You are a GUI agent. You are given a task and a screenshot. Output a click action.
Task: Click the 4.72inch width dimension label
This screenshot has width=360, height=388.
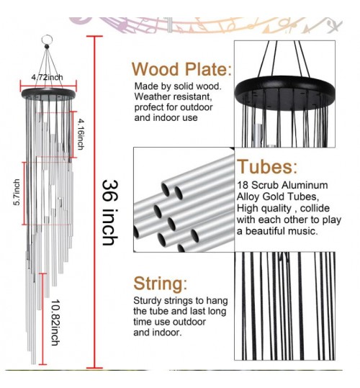[47, 77]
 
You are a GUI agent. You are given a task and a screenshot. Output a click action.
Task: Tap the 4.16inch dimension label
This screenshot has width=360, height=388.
[81, 134]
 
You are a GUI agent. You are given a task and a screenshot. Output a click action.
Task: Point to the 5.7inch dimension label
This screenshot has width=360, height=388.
[17, 192]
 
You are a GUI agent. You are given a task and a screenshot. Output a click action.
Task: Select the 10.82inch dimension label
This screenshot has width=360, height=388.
[55, 322]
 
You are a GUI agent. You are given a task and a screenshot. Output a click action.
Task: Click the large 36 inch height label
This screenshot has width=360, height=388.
[110, 213]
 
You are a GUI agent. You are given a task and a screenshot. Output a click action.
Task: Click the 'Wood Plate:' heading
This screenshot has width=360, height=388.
[181, 69]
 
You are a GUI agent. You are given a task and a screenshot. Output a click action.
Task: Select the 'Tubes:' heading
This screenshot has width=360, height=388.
[267, 166]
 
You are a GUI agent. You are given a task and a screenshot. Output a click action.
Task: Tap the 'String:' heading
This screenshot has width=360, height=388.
[161, 284]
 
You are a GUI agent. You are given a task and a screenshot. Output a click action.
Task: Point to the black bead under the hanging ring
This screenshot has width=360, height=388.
[47, 47]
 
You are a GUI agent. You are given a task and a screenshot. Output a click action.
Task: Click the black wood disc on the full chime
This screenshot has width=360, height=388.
[48, 94]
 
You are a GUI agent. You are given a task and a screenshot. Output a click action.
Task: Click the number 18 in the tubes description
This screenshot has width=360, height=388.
[243, 185]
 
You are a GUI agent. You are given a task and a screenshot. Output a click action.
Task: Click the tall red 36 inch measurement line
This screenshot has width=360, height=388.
[94, 202]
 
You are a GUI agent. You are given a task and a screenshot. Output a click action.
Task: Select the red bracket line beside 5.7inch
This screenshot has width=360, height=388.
[24, 194]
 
